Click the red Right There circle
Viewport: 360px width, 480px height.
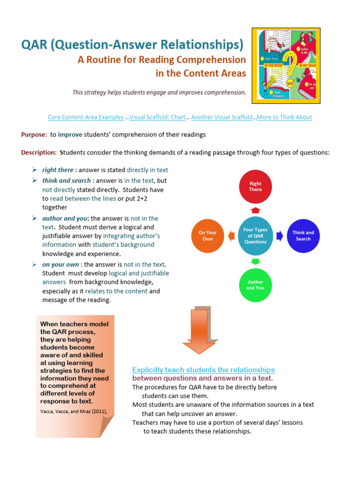click(255, 186)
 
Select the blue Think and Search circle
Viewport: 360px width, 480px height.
click(303, 236)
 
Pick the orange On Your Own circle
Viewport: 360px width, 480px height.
click(208, 236)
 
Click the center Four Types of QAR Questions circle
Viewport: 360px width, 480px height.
click(255, 236)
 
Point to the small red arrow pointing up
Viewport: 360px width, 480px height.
click(255, 210)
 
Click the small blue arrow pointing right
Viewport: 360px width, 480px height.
click(279, 236)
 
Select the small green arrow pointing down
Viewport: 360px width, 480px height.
click(255, 262)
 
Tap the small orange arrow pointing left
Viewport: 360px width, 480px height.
click(231, 236)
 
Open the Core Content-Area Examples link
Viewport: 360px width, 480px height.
click(86, 117)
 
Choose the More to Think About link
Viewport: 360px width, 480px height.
click(284, 117)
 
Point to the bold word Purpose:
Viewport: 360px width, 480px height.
click(34, 135)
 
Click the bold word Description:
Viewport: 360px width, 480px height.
click(39, 152)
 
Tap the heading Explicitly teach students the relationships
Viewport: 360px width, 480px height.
click(203, 370)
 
